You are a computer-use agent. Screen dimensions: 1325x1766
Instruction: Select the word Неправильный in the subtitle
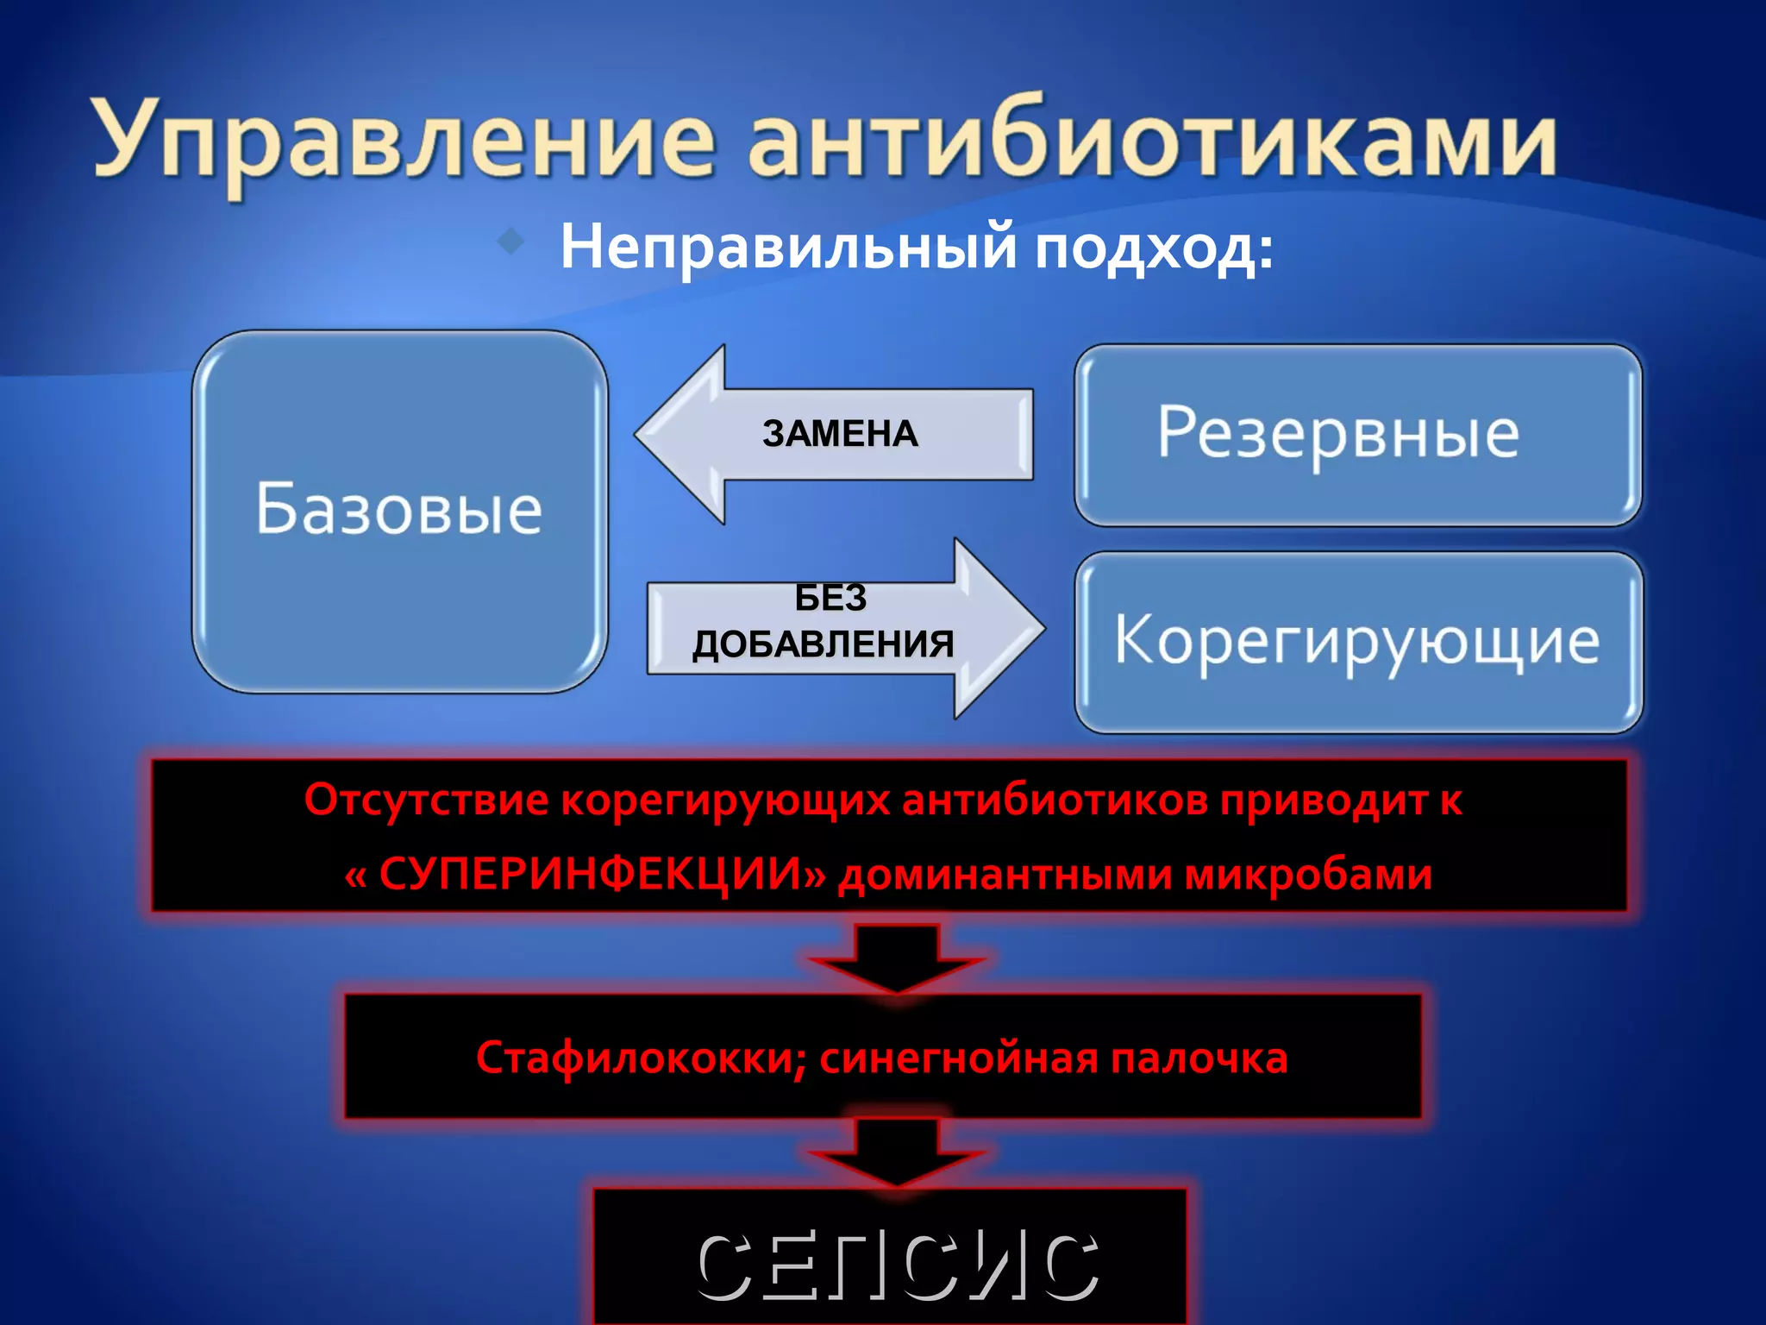click(788, 248)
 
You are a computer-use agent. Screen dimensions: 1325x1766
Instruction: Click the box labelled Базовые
click(399, 511)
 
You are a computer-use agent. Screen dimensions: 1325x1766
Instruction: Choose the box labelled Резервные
click(1357, 435)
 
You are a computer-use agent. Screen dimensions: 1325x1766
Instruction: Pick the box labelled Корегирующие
click(1357, 642)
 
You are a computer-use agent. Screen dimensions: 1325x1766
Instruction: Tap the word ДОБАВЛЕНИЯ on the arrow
click(823, 644)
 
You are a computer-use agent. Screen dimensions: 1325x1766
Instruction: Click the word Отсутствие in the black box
click(426, 800)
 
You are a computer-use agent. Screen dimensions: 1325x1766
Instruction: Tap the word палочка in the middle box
click(1199, 1058)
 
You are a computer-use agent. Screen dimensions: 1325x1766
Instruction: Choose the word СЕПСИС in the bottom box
click(897, 1266)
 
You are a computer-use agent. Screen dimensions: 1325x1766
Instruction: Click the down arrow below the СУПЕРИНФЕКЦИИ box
click(897, 958)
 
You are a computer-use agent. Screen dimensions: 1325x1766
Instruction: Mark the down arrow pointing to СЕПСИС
click(897, 1152)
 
